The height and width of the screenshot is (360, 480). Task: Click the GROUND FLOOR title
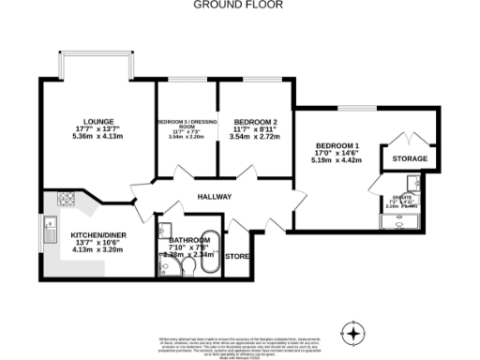tap(239, 5)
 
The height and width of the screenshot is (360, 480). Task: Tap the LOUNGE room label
tap(98, 121)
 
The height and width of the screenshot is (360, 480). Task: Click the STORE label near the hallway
tap(238, 255)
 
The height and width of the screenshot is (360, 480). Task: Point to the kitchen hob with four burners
tap(67, 199)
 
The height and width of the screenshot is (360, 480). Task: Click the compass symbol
tap(352, 332)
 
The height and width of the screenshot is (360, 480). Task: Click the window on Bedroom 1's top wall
tap(352, 108)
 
